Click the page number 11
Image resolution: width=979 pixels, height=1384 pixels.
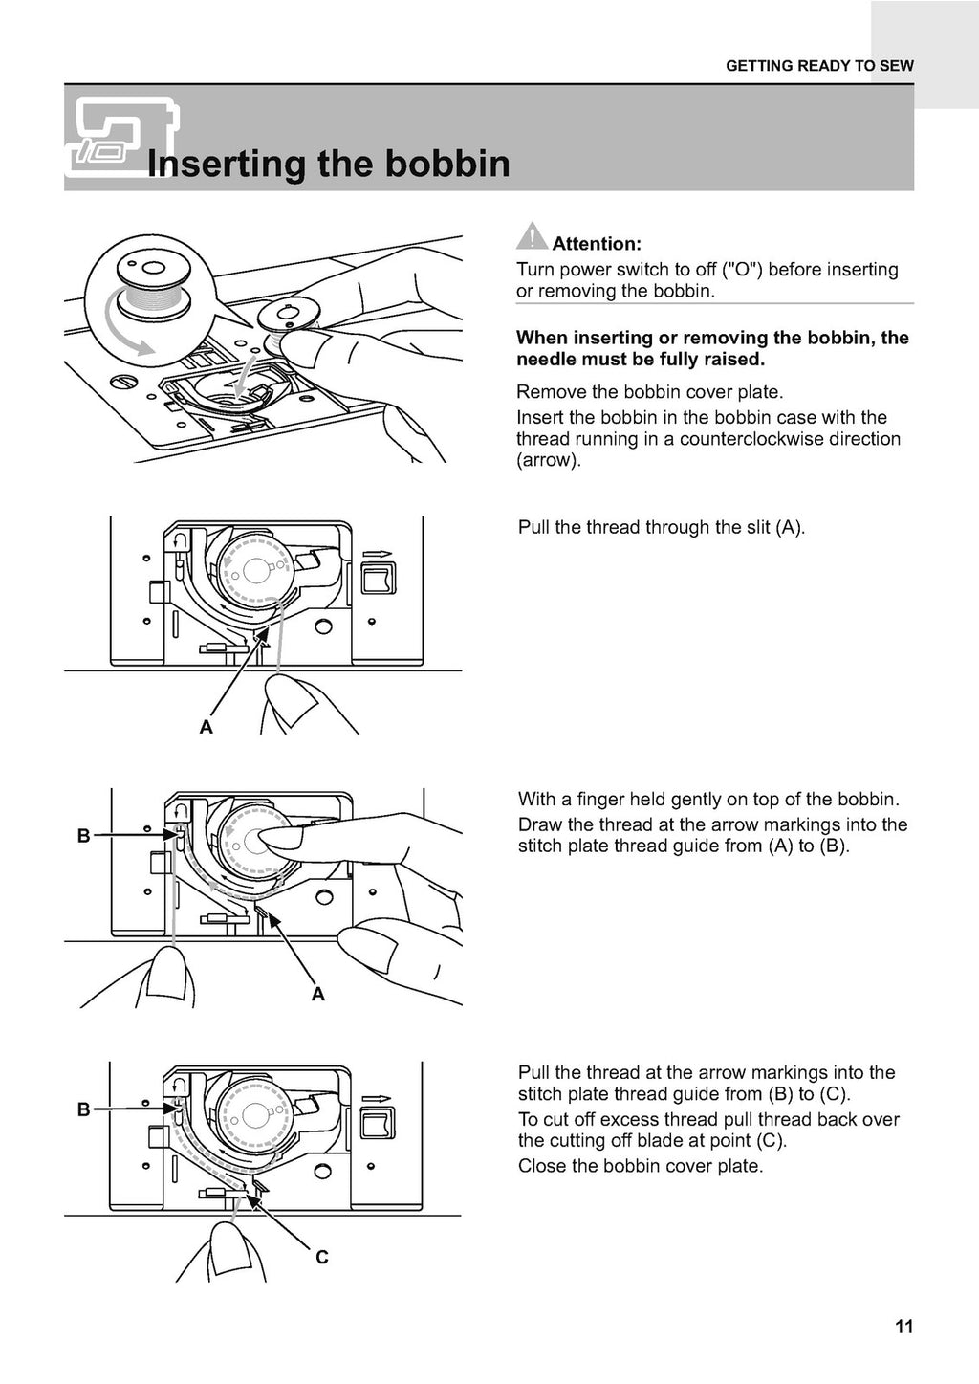(x=904, y=1327)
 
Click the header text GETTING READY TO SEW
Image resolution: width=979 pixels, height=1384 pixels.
(x=819, y=66)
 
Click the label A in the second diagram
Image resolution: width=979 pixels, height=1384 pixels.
(x=206, y=728)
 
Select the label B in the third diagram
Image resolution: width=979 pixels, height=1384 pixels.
(x=83, y=836)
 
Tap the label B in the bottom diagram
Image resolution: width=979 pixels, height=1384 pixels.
(x=83, y=1109)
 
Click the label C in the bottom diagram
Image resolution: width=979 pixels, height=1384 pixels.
(x=322, y=1257)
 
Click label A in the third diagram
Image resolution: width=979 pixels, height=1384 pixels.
(x=317, y=995)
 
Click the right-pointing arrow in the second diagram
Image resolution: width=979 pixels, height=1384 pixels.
(x=379, y=553)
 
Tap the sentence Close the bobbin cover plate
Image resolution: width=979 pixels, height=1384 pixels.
(x=640, y=1166)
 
